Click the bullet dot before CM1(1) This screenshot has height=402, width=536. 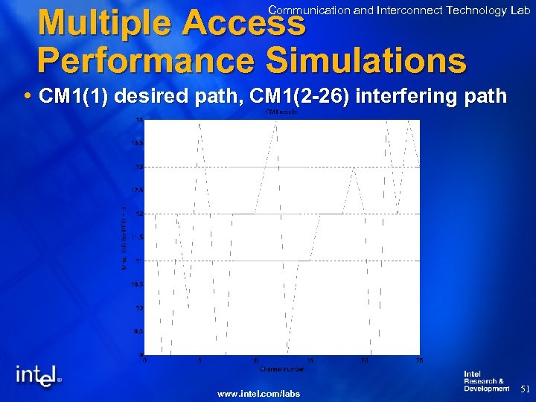(x=28, y=97)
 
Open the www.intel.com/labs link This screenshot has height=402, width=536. (x=258, y=393)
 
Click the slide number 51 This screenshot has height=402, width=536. (x=524, y=389)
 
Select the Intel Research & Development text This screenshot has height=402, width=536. (x=486, y=381)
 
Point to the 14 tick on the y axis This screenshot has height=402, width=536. (x=139, y=119)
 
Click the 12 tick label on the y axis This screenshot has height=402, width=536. (x=139, y=214)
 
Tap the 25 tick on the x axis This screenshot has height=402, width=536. (x=419, y=361)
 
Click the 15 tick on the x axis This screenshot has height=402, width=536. (x=310, y=361)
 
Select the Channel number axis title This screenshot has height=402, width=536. (x=281, y=368)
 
